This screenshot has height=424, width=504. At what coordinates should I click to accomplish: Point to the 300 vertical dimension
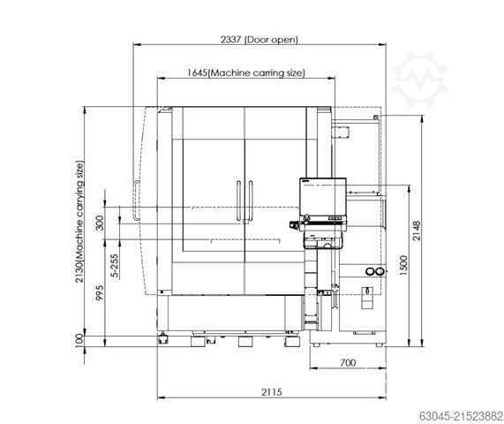(x=100, y=222)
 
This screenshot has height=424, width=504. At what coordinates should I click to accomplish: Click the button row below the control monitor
(x=323, y=216)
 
